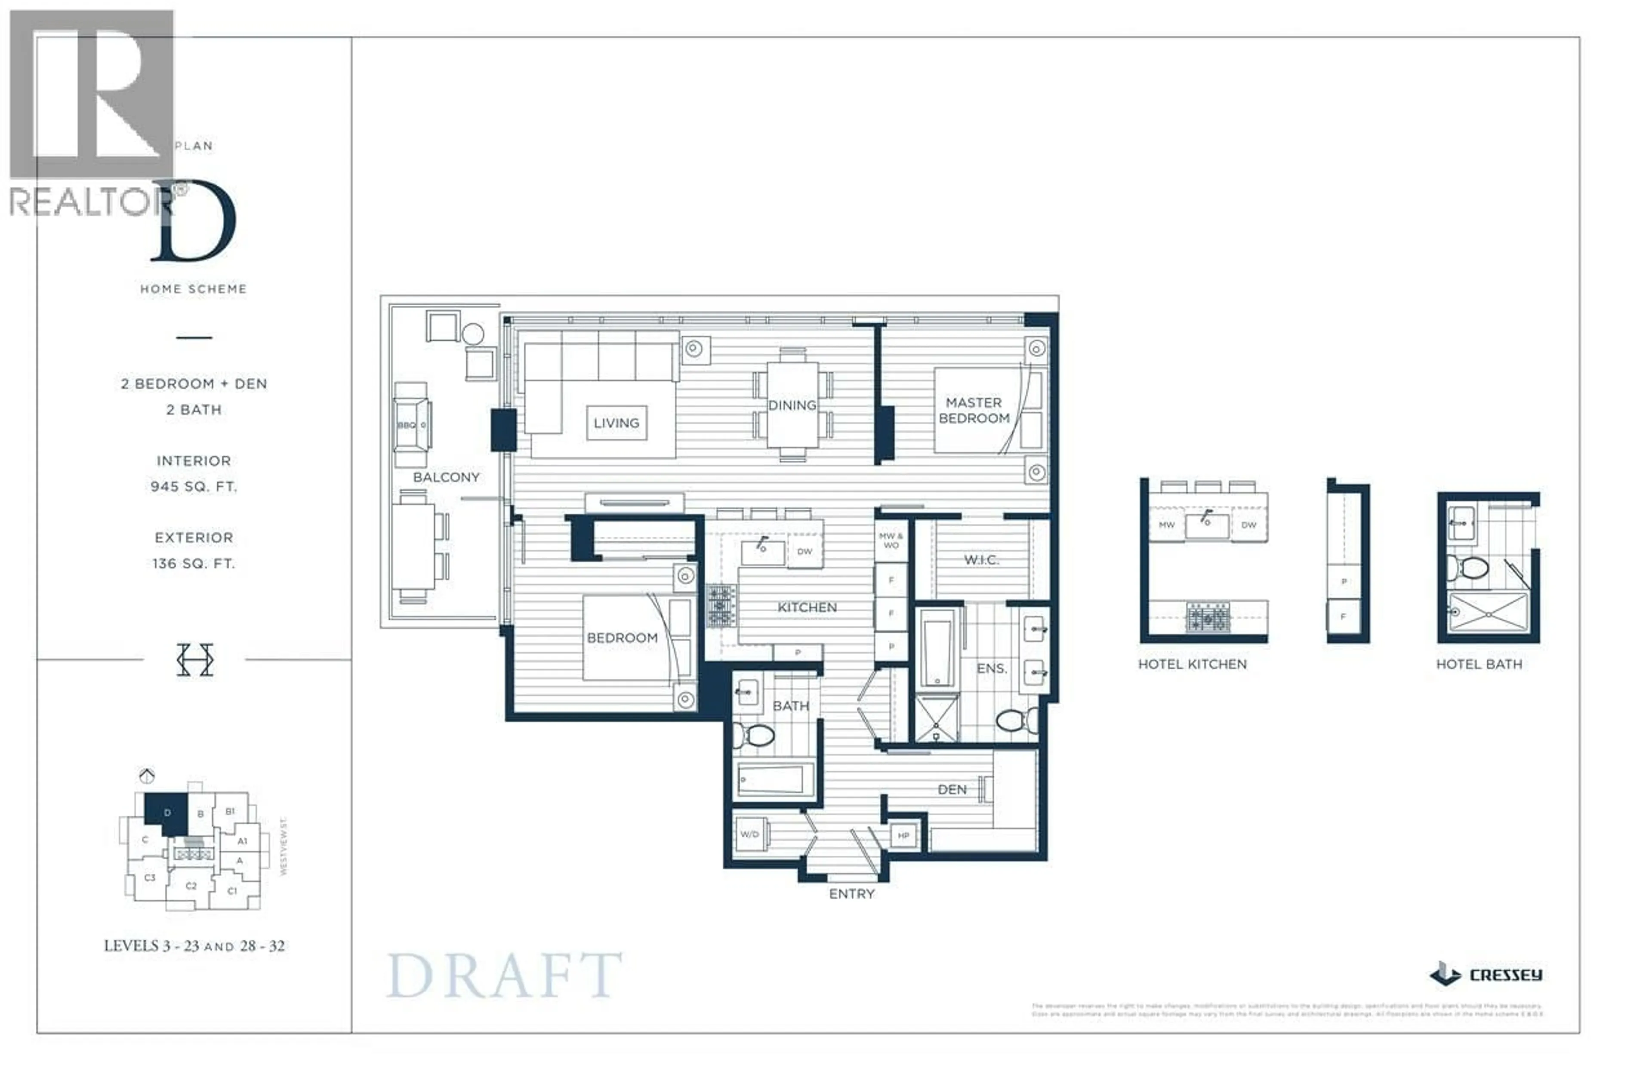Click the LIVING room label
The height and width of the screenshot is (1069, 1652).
(x=616, y=423)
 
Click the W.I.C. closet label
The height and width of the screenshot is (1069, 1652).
(x=980, y=559)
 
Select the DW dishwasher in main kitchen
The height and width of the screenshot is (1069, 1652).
(x=804, y=552)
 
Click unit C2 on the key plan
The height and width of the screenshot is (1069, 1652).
(x=191, y=886)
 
